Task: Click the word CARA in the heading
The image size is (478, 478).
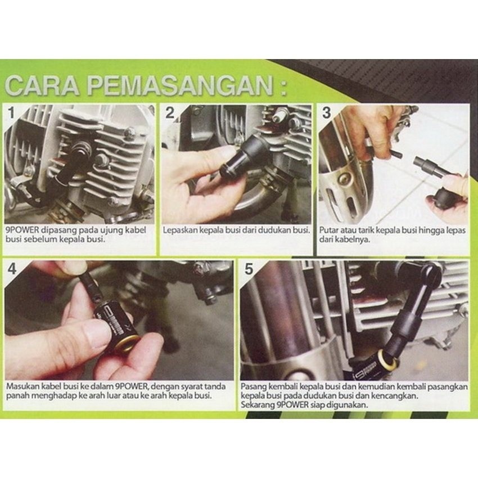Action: click(x=42, y=85)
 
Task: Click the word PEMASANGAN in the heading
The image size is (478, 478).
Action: click(x=180, y=85)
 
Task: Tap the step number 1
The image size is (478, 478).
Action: click(x=11, y=113)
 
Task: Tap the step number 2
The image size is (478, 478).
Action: click(x=170, y=113)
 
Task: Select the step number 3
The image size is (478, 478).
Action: click(x=327, y=113)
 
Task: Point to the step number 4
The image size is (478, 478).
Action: click(x=12, y=269)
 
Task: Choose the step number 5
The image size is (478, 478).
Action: click(x=249, y=269)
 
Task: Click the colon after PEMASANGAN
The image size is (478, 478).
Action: click(x=283, y=87)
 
